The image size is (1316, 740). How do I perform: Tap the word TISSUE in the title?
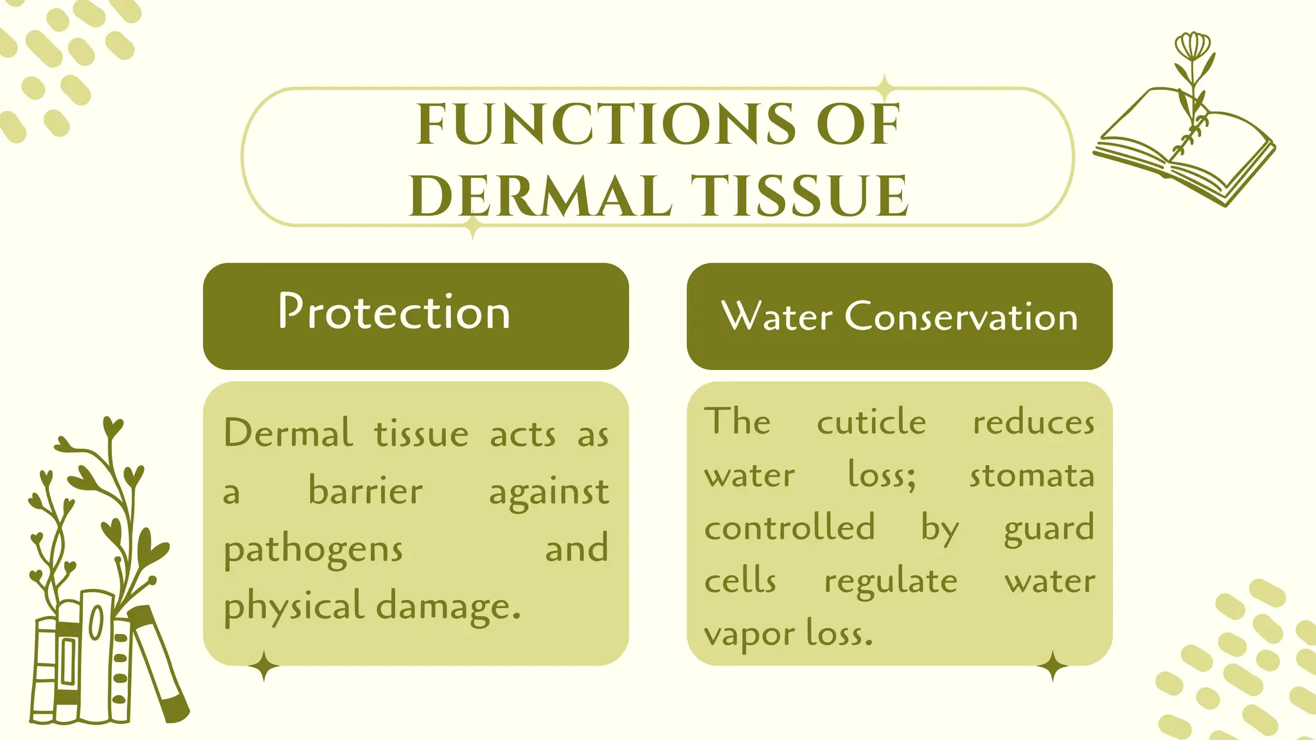tap(799, 195)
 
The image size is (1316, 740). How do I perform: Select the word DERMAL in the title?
tap(540, 195)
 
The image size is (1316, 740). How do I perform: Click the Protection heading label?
tap(394, 312)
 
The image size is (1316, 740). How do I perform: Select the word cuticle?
tap(871, 422)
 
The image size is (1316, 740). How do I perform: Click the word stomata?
tap(1031, 476)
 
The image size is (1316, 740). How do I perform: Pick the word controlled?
tap(789, 528)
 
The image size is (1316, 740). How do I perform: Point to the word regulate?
tap(891, 582)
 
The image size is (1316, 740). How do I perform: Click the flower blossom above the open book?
tap(1193, 46)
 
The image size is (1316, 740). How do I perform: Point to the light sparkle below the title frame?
tap(473, 227)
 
